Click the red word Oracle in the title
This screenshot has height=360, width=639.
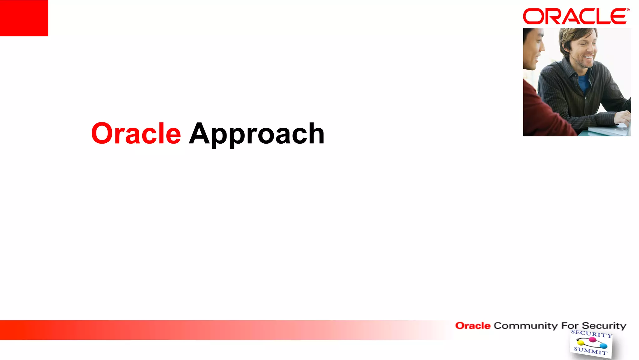tap(136, 134)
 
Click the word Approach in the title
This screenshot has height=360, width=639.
tap(256, 134)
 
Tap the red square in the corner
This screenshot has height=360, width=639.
tap(24, 18)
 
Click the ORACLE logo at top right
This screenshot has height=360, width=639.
tap(574, 17)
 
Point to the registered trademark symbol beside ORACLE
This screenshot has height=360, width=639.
tap(628, 10)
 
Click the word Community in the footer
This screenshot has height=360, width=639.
tap(525, 326)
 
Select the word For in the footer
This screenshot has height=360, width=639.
tap(570, 326)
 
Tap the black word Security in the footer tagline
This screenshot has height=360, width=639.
tap(604, 326)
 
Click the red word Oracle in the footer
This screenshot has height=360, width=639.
tap(473, 326)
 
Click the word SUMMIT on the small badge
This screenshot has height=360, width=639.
tap(590, 351)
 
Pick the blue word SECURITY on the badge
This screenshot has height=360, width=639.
tap(592, 334)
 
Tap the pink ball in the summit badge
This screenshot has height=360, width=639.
tap(592, 340)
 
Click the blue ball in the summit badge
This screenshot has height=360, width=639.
tap(604, 346)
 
